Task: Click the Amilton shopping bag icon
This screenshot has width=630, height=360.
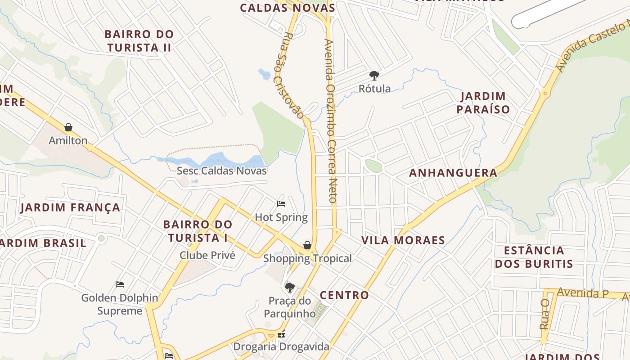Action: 68,127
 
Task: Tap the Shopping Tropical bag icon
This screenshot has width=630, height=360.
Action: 307,245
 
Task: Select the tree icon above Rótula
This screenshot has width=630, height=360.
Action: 374,75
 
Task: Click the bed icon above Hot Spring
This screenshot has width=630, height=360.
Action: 281,204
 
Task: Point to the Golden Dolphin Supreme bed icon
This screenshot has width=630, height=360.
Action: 120,284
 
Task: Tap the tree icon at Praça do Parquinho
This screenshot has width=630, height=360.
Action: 290,287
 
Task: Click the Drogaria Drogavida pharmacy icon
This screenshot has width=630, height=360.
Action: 281,335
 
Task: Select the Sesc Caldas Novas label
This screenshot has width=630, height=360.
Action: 221,171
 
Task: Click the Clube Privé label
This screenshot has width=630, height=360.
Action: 207,255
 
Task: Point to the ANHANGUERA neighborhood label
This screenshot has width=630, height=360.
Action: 453,173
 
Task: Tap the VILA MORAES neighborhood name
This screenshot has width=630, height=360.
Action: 403,240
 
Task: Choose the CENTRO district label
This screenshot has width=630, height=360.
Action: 344,295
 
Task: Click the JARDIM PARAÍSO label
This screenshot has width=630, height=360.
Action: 483,103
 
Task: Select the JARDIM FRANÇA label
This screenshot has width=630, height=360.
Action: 71,207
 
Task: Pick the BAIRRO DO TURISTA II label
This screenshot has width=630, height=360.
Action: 139,40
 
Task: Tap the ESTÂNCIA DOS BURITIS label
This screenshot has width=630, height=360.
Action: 534,257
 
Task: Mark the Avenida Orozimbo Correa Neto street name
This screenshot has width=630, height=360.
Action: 331,121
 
